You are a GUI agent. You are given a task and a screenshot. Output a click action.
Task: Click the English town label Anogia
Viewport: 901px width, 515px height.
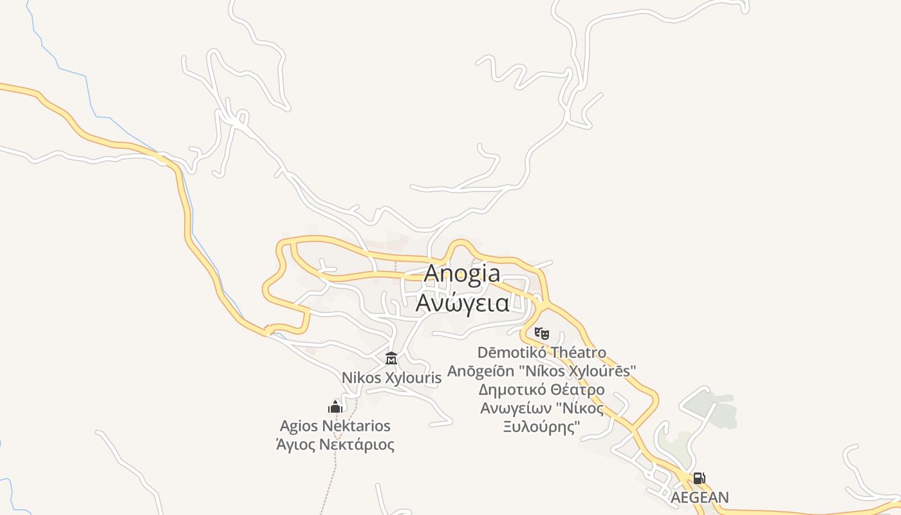(462, 274)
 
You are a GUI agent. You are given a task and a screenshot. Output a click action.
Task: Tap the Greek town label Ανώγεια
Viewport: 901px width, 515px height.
(462, 303)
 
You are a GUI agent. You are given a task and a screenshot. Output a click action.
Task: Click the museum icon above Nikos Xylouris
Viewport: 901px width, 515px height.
(391, 358)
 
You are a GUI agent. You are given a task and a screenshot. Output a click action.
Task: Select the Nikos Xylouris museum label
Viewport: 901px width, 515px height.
(391, 378)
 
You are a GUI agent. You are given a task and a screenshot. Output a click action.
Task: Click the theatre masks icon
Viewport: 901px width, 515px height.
(542, 333)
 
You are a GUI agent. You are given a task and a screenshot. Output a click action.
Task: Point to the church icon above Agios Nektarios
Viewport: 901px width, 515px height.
(335, 406)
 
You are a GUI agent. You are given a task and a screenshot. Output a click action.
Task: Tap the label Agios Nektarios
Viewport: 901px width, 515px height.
(335, 426)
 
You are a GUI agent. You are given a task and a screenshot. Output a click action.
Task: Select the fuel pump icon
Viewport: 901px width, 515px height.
(699, 478)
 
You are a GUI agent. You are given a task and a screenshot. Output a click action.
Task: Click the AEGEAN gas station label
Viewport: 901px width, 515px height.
(700, 498)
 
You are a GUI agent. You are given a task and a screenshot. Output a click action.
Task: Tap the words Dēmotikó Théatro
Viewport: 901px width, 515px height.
(542, 353)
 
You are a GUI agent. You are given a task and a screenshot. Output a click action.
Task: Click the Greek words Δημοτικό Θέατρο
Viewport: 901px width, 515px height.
(542, 389)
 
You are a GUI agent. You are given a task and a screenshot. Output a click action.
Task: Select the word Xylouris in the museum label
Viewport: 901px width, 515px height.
(413, 378)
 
